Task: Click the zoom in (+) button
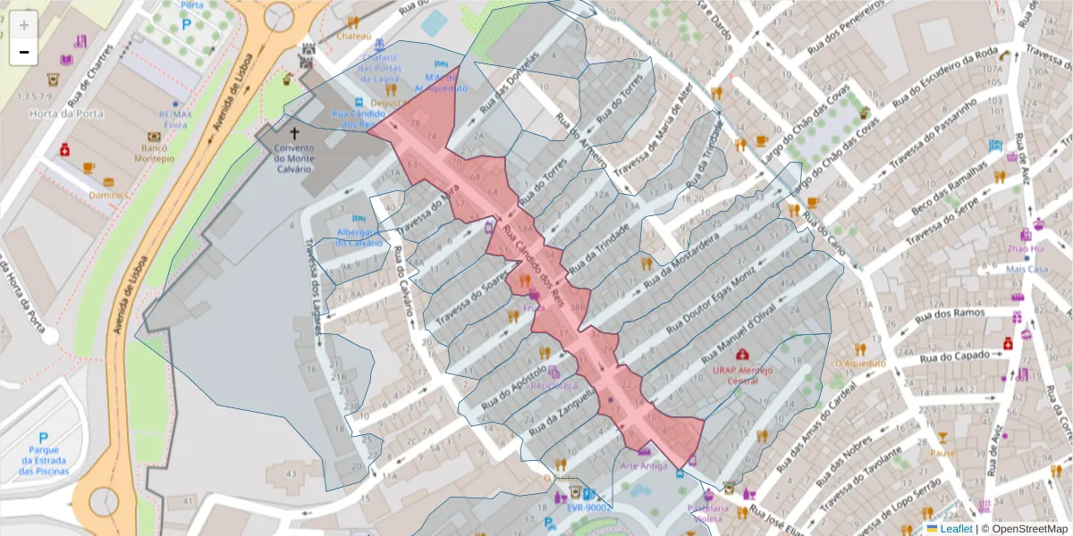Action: pyautogui.click(x=24, y=25)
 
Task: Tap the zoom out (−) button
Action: pyautogui.click(x=24, y=52)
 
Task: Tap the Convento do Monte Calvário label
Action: pyautogui.click(x=294, y=158)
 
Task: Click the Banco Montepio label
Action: pyautogui.click(x=154, y=153)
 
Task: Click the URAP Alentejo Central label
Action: pyautogui.click(x=742, y=374)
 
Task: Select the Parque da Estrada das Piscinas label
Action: pyautogui.click(x=43, y=459)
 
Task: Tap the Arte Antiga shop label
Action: pyautogui.click(x=643, y=465)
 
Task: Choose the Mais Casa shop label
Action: pyautogui.click(x=1027, y=269)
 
